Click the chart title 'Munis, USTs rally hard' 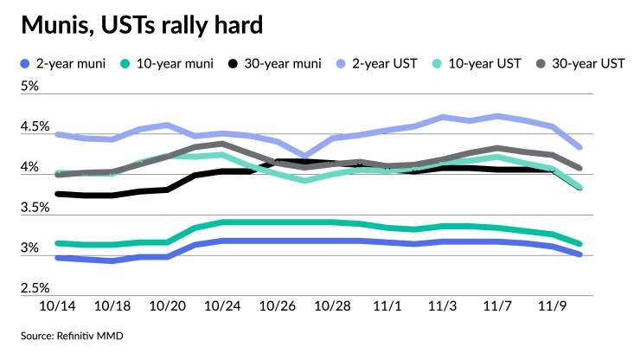(142, 26)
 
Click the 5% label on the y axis (30, 87)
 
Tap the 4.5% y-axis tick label (35, 127)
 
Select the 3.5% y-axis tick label (35, 208)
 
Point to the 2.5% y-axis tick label (35, 288)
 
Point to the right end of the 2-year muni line (579, 254)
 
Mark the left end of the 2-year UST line (57, 134)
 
